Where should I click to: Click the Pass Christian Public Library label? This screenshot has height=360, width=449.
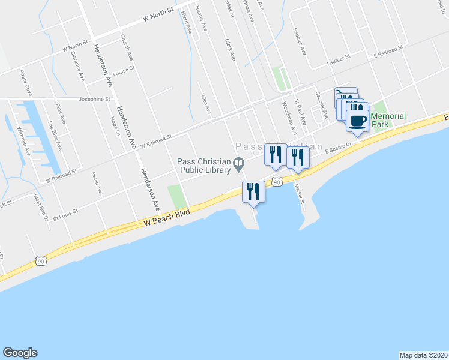pyautogui.click(x=204, y=165)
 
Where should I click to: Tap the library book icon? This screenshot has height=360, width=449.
pyautogui.click(x=238, y=163)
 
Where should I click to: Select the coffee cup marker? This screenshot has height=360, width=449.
pyautogui.click(x=358, y=121)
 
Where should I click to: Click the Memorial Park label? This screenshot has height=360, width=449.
pyautogui.click(x=388, y=120)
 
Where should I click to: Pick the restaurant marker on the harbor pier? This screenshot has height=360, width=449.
pyautogui.click(x=253, y=192)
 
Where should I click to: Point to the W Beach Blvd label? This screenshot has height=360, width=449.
pyautogui.click(x=167, y=217)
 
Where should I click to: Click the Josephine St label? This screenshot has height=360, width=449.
pyautogui.click(x=95, y=99)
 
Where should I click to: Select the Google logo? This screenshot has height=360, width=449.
pyautogui.click(x=20, y=353)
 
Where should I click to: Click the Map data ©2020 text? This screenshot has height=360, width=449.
pyautogui.click(x=424, y=355)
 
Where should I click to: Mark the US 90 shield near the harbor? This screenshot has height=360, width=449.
pyautogui.click(x=276, y=181)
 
